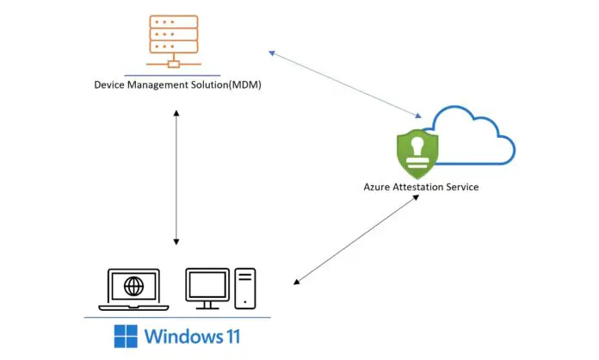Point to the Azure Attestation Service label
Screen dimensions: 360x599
tap(421, 187)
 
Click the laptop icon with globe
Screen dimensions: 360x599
tap(133, 289)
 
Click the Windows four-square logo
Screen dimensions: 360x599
tap(126, 336)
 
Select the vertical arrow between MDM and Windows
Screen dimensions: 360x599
tap(176, 177)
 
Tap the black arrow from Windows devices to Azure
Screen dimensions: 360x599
tap(356, 239)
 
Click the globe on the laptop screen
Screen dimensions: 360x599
tap(133, 285)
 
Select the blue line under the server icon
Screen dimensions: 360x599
tap(175, 72)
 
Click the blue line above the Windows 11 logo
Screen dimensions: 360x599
tap(176, 316)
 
